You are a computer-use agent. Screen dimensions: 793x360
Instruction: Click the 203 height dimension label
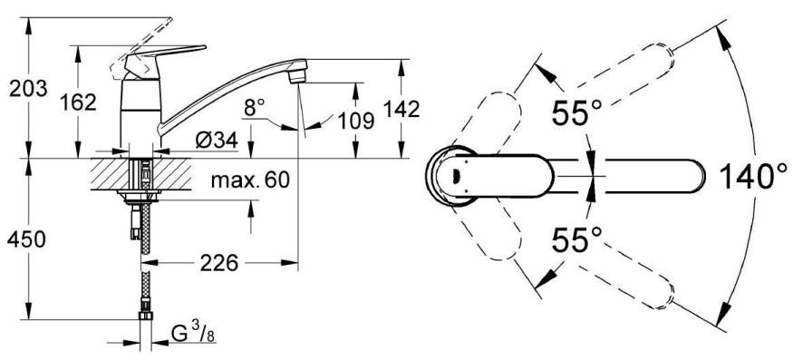28,89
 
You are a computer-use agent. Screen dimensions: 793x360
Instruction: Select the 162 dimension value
78,102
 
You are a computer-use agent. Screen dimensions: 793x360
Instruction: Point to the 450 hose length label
26,239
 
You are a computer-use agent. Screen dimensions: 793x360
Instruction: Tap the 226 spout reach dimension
219,263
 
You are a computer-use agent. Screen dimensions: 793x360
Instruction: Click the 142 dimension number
401,109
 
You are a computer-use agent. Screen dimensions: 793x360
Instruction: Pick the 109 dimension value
356,121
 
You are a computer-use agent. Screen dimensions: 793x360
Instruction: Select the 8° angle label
255,107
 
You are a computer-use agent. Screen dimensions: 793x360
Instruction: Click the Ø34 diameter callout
217,141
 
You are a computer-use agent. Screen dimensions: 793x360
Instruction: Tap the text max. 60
250,180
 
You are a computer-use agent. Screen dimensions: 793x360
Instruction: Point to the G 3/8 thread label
193,334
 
